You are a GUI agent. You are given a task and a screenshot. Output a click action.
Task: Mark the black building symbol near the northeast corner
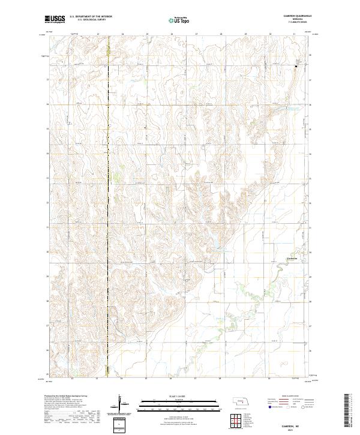click(295, 66)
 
